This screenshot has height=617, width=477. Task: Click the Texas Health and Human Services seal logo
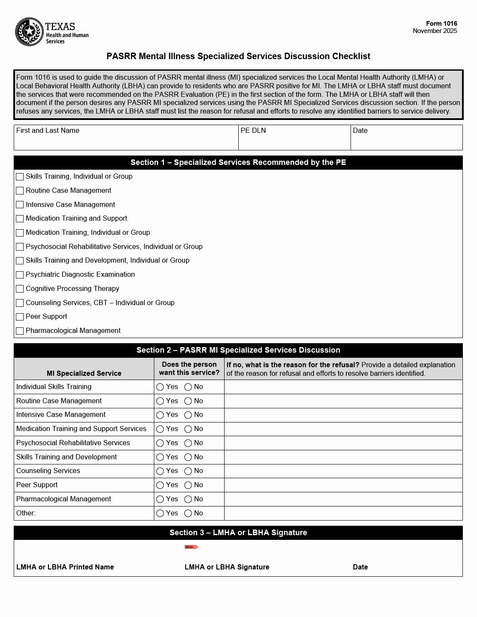(29, 32)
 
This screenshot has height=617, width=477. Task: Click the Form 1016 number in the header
(441, 24)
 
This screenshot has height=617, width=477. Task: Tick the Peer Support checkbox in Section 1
(20, 317)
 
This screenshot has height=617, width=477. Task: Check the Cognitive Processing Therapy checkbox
(20, 289)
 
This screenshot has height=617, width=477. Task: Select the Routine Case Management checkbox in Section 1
(20, 191)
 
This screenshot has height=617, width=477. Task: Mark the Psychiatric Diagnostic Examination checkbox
(20, 275)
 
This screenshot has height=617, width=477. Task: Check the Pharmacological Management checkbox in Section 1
(20, 331)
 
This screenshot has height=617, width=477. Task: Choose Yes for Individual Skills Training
(160, 387)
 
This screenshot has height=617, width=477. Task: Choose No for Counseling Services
(188, 471)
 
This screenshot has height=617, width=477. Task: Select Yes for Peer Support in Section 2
(160, 485)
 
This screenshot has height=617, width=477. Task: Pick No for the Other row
(188, 513)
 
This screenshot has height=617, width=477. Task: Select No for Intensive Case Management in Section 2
(188, 415)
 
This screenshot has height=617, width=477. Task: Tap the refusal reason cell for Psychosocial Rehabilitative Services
(343, 443)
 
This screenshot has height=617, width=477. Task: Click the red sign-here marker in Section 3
(191, 547)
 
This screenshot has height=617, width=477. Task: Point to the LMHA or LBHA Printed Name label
(65, 567)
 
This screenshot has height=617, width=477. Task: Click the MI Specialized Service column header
(84, 373)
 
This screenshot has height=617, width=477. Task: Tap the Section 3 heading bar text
(238, 533)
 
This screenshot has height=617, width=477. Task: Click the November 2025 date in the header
(435, 31)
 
